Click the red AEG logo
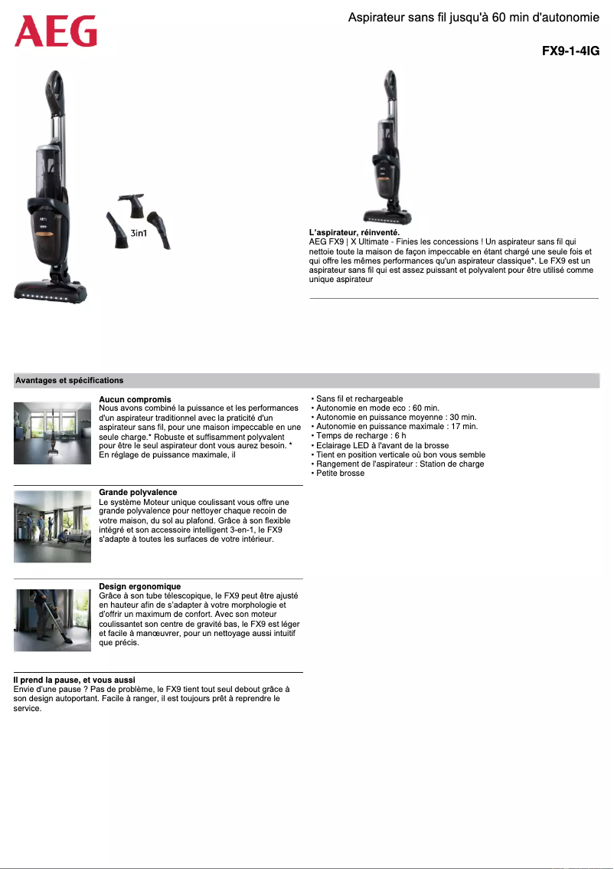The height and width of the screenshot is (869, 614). [x=56, y=32]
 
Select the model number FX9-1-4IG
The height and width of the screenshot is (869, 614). [x=570, y=51]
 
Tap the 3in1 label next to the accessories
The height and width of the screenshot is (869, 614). [x=139, y=233]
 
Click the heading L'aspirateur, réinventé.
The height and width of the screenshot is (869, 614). [x=354, y=232]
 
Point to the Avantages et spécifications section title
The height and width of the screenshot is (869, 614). [x=69, y=380]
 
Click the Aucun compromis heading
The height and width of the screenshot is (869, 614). [x=135, y=399]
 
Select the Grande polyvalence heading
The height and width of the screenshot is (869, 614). [x=138, y=492]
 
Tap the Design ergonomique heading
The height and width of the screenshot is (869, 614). [x=139, y=586]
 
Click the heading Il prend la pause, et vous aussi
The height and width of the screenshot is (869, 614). [x=74, y=680]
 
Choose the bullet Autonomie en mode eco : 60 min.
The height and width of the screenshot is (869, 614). [x=375, y=408]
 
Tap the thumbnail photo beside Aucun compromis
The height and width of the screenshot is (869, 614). [x=52, y=432]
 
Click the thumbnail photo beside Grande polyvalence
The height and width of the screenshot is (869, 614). [x=52, y=526]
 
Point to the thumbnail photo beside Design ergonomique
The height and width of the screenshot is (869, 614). [x=52, y=620]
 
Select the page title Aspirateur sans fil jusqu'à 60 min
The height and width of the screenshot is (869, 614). [x=473, y=17]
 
